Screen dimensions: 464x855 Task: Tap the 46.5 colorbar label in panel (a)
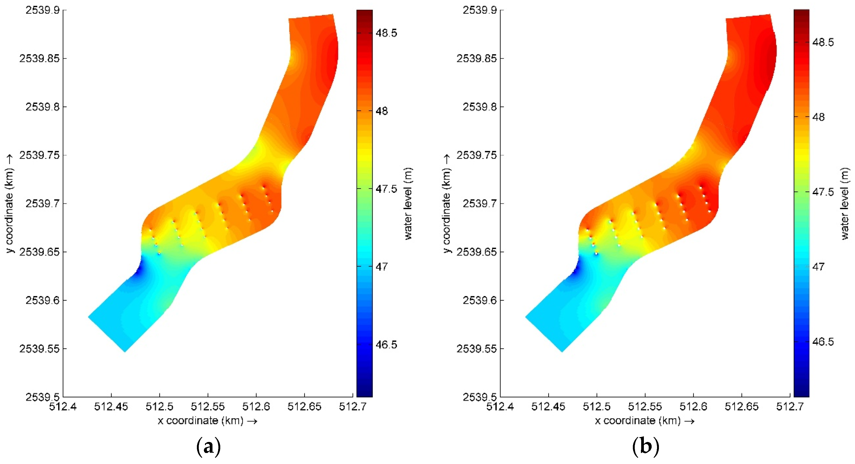(x=386, y=345)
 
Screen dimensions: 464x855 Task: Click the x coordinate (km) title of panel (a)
(x=207, y=421)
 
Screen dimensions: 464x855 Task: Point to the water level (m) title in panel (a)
(x=408, y=203)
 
